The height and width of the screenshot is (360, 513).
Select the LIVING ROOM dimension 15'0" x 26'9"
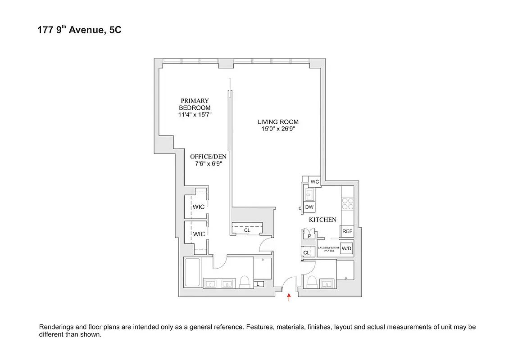(x=278, y=129)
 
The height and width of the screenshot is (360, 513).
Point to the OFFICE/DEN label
(x=208, y=156)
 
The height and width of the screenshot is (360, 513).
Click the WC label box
(x=315, y=182)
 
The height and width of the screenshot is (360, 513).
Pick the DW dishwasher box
(x=309, y=207)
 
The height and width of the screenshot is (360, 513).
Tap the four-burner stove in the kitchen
(x=348, y=203)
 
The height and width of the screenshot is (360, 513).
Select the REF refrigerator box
(x=347, y=231)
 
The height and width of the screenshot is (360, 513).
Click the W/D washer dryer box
(x=346, y=248)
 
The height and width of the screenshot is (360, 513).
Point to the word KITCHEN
(x=322, y=220)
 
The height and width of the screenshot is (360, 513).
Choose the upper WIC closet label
(x=199, y=207)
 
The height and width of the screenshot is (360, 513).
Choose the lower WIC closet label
(x=199, y=234)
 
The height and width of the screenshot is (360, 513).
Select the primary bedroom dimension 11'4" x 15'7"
(x=195, y=115)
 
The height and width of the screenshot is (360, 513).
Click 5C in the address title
(x=115, y=31)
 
